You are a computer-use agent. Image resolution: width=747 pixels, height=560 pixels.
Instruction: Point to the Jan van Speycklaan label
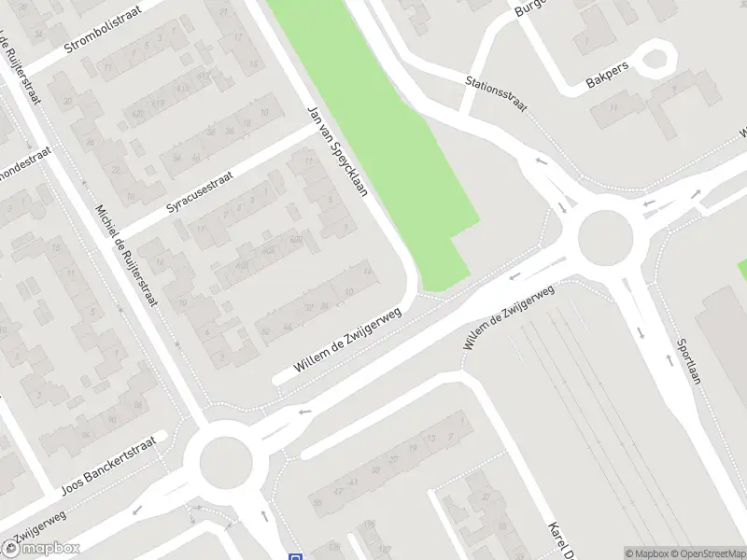coord(338,150)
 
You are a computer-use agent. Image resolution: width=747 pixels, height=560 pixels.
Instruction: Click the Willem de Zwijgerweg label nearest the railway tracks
coord(509,317)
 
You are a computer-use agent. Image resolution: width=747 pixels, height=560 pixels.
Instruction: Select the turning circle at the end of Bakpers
coord(658,59)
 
